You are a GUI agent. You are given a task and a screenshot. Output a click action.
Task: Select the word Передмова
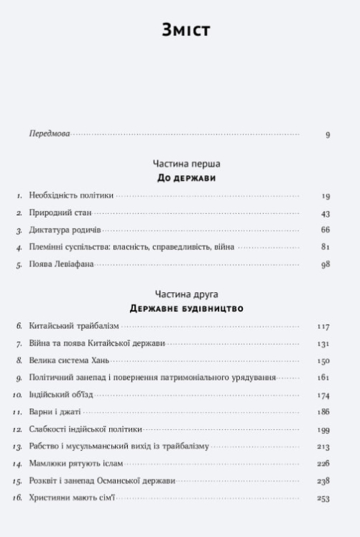50,134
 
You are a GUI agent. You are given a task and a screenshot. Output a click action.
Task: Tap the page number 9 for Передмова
327,135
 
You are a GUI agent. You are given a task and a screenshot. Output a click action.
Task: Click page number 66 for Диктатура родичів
325,230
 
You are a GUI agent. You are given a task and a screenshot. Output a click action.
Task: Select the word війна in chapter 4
223,247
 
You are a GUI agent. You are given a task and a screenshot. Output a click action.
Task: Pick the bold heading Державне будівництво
186,309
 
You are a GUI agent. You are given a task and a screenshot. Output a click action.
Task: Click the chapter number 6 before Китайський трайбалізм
20,326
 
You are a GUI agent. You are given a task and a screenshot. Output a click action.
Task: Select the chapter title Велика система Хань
69,360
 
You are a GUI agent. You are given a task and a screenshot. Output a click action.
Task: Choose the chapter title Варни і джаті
55,412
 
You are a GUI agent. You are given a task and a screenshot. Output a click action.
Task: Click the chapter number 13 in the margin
18,447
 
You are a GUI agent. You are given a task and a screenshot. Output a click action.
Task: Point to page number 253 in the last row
323,498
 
